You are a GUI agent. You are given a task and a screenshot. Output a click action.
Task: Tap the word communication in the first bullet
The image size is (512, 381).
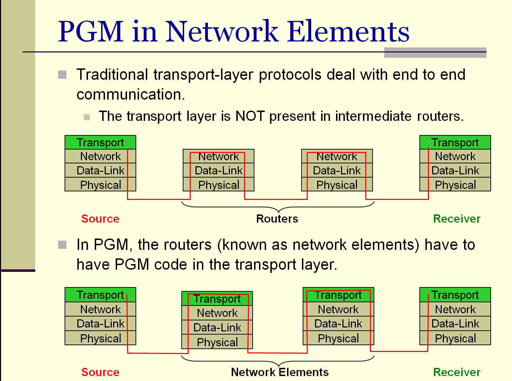pyautogui.click(x=130, y=95)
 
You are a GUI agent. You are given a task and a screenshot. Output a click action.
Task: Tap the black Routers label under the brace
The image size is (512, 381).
pyautogui.click(x=277, y=219)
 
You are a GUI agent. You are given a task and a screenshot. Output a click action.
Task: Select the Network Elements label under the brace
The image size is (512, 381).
pyautogui.click(x=280, y=372)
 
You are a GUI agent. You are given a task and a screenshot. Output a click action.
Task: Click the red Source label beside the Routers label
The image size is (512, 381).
pyautogui.click(x=100, y=219)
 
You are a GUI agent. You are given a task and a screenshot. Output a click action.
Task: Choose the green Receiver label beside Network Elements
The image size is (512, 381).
pyautogui.click(x=457, y=372)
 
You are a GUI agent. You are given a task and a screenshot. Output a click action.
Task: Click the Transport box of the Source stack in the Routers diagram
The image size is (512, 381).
pyautogui.click(x=100, y=142)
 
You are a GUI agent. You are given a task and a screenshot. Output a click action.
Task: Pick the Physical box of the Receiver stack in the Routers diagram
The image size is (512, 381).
pyautogui.click(x=455, y=185)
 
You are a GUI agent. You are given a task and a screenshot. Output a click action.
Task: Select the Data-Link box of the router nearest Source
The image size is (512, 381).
pyautogui.click(x=219, y=170)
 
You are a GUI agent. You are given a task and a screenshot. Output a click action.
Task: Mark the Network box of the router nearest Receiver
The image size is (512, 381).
pyautogui.click(x=337, y=156)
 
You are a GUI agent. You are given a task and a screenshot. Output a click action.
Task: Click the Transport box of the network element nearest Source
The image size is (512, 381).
pyautogui.click(x=217, y=299)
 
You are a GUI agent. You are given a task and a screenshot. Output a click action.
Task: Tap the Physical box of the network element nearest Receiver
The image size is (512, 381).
pyautogui.click(x=338, y=338)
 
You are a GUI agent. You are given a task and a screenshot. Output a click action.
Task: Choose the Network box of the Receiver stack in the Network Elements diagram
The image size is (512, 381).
pyautogui.click(x=455, y=309)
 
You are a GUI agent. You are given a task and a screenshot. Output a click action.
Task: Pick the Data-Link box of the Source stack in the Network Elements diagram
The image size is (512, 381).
pyautogui.click(x=100, y=324)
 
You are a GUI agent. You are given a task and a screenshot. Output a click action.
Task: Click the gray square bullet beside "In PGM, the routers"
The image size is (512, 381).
pyautogui.click(x=62, y=245)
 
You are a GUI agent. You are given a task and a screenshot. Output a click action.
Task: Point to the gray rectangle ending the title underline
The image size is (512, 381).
pyautogui.click(x=435, y=53)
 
